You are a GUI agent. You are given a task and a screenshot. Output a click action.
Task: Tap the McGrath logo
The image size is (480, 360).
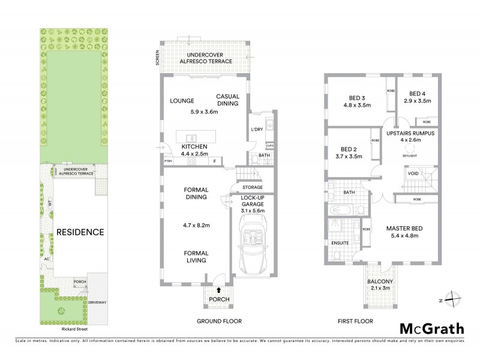pyautogui.click(x=431, y=328)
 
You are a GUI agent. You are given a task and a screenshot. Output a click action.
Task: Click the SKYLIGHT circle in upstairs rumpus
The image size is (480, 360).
pyautogui.click(x=412, y=148)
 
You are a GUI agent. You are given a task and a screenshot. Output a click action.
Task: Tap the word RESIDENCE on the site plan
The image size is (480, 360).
pyautogui.click(x=80, y=232)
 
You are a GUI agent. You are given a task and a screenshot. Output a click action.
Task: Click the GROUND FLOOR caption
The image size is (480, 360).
pyautogui.click(x=219, y=322)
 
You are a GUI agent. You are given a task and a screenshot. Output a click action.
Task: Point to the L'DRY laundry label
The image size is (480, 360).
pyautogui.click(x=256, y=130)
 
